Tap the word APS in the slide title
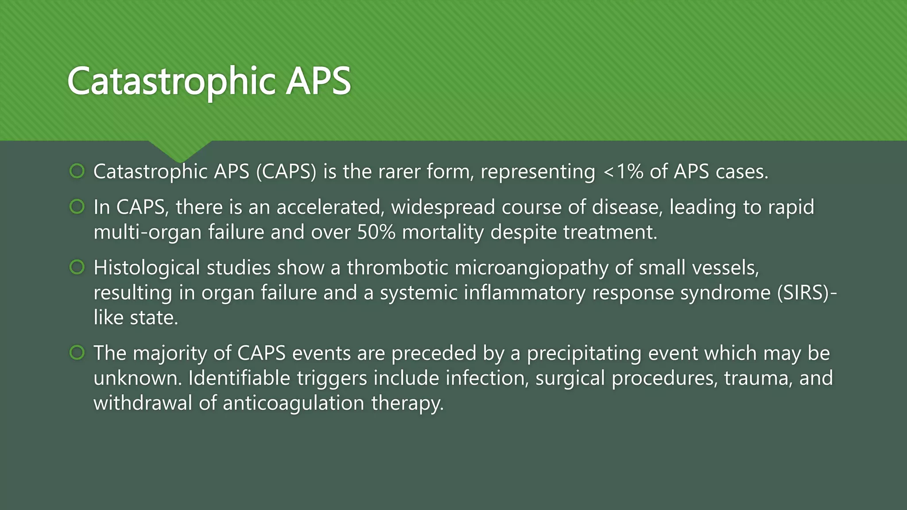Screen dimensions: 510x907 click(x=318, y=81)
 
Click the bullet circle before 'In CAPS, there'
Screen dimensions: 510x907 click(x=77, y=207)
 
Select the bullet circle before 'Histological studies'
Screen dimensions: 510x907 click(x=77, y=267)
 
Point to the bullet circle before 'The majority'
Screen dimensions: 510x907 click(x=77, y=353)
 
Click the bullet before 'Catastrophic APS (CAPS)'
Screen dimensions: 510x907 click(x=77, y=171)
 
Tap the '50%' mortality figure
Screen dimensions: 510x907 click(x=376, y=232)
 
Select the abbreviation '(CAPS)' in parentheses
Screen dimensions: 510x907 click(x=286, y=172)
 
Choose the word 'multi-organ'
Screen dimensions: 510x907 click(x=148, y=232)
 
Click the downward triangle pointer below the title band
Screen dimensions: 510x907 click(x=180, y=151)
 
